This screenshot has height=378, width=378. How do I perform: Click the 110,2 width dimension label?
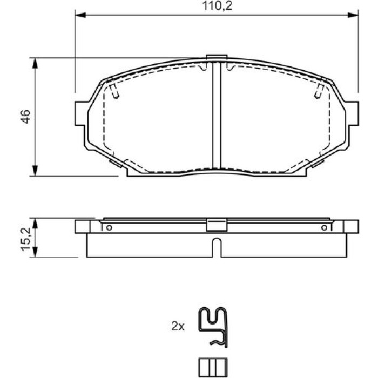coord(218,6)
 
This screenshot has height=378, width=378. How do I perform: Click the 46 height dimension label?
coord(25,117)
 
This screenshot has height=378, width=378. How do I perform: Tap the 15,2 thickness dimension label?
coord(25,239)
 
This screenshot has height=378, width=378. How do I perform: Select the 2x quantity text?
coord(178,326)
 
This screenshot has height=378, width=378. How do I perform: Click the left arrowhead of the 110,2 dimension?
coord(80,15)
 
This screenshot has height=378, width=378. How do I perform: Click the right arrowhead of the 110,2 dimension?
coord(353,15)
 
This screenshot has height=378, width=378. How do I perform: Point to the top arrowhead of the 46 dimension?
coord(35,63)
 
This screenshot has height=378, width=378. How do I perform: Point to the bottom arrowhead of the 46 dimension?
coord(35,171)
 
